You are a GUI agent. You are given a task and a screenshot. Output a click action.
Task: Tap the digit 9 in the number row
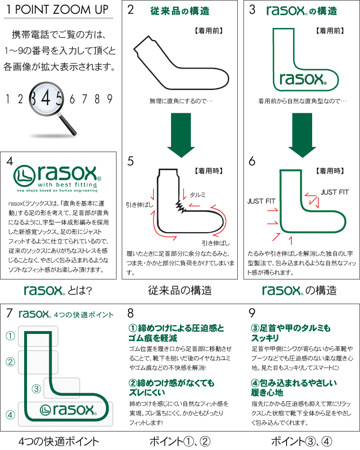click(x=109, y=99)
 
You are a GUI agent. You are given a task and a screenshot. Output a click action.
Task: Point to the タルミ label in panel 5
click(x=198, y=195)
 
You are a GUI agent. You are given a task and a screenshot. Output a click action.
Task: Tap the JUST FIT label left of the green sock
click(x=261, y=201)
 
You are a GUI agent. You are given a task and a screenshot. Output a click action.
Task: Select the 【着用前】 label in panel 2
click(x=209, y=31)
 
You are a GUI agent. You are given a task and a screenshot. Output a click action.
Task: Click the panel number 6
click(x=252, y=162)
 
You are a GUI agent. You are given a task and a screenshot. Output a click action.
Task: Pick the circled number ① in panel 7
click(x=10, y=336)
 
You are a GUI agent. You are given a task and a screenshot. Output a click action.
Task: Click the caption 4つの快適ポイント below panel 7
click(x=59, y=441)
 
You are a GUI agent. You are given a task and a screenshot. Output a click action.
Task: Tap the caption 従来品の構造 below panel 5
click(x=180, y=290)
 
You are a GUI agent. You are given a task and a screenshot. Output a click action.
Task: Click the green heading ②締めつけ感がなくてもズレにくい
click(x=171, y=387)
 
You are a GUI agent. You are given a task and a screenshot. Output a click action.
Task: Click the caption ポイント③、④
click(x=301, y=441)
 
